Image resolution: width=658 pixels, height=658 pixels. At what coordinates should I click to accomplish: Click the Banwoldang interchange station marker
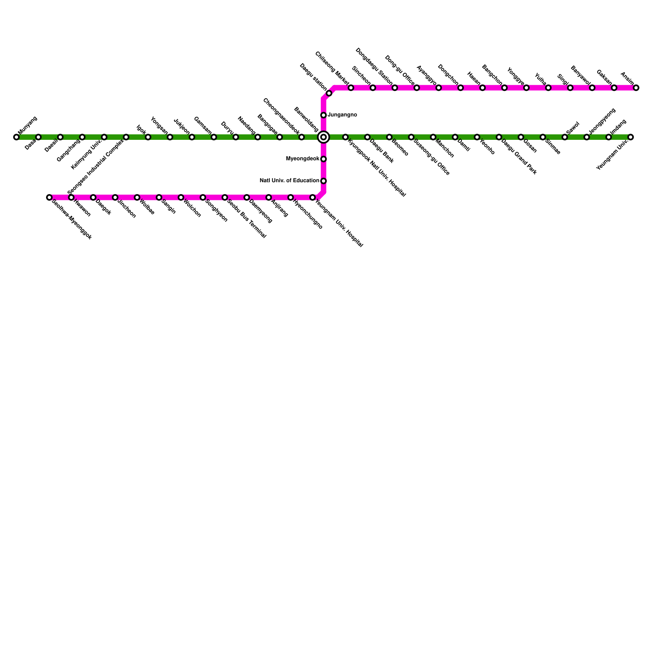(x=324, y=137)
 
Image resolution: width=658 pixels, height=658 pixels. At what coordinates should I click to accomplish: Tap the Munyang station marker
(x=16, y=137)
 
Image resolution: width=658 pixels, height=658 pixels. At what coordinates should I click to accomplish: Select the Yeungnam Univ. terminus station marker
(x=630, y=137)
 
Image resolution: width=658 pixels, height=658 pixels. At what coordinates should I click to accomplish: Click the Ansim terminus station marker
(x=636, y=88)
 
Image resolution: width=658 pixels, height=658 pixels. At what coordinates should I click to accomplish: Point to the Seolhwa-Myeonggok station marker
(x=49, y=197)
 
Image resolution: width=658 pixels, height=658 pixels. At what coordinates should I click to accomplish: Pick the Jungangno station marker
(x=324, y=115)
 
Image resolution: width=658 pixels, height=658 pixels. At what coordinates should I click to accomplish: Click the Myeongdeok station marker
(x=324, y=159)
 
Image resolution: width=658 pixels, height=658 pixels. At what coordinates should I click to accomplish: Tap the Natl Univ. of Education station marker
(x=324, y=181)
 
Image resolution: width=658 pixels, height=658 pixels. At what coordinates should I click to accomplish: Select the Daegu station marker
(x=329, y=93)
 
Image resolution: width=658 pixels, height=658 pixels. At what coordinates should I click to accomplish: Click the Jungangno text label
(x=342, y=115)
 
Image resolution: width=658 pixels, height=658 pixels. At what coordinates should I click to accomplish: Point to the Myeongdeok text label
(x=302, y=159)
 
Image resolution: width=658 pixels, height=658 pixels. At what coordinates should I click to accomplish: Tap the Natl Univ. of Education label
(x=290, y=181)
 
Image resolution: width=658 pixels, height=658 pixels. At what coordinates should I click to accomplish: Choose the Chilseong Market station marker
(x=351, y=88)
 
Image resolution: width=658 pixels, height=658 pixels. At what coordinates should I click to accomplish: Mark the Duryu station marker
(x=236, y=137)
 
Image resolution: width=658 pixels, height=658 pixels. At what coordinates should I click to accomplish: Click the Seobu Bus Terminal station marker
(x=225, y=197)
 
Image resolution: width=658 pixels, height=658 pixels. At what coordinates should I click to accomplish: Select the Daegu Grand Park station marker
(x=499, y=137)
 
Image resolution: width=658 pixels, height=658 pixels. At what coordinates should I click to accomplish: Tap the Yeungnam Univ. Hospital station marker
(x=313, y=197)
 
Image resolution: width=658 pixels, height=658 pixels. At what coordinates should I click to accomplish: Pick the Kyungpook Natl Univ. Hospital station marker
(x=345, y=137)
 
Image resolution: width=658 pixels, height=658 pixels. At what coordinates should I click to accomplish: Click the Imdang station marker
(x=609, y=137)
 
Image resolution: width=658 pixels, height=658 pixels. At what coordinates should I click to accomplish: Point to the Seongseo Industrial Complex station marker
(x=126, y=137)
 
